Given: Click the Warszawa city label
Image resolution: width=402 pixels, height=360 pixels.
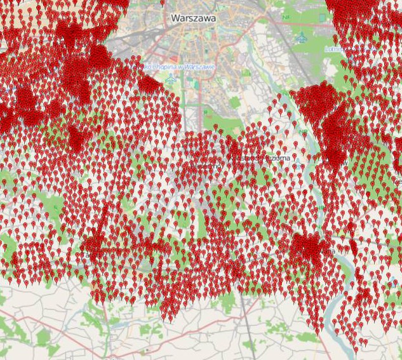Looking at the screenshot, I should pyautogui.click(x=193, y=18).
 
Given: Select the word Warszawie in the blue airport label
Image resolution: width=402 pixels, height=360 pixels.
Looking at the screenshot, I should pyautogui.click(x=197, y=67).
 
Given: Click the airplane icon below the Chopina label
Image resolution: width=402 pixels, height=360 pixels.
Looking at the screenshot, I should pyautogui.click(x=170, y=79).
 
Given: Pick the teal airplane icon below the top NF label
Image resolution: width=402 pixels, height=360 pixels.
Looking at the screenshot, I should pyautogui.click(x=302, y=37).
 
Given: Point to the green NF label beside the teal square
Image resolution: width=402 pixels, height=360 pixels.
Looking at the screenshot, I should pyautogui.click(x=286, y=18).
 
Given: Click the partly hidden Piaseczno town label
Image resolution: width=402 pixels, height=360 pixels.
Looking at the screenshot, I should pyautogui.click(x=206, y=166).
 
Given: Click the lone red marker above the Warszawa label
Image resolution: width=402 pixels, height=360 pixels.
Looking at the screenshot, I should pyautogui.click(x=163, y=3).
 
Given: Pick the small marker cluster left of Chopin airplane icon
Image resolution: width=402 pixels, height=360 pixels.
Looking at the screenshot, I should pyautogui.click(x=150, y=84).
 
